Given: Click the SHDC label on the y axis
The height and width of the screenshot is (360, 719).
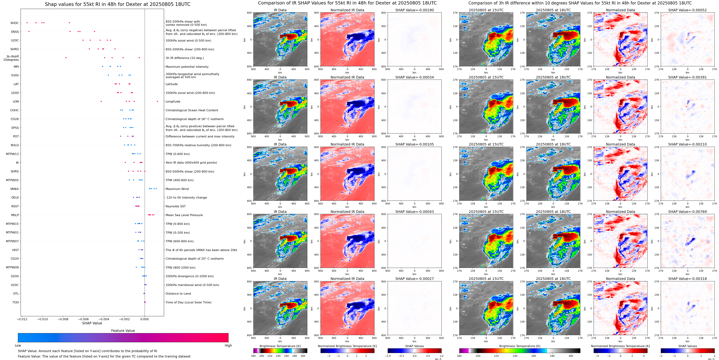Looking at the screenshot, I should point(15,23).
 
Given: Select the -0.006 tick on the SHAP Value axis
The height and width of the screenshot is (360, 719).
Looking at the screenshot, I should point(83,319).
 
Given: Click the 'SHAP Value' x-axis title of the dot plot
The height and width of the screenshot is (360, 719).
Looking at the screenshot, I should point(92,323).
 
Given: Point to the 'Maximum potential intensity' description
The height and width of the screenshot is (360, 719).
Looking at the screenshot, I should point(187,67).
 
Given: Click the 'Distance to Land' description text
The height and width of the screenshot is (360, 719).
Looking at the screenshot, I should point(178,294).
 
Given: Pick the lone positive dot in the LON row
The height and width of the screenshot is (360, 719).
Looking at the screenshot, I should point(157,101).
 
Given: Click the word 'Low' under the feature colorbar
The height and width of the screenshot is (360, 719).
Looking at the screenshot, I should point(18,345).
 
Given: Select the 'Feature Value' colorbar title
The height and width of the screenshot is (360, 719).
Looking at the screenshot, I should point(123,331).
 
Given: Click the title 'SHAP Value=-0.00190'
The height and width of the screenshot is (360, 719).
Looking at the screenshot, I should point(415,10).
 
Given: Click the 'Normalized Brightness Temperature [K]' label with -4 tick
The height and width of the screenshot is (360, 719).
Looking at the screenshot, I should point(620,346).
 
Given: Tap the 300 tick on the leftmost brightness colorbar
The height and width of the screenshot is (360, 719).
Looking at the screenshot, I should point(303,356).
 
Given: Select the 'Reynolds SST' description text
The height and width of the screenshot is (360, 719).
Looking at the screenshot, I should point(175,206).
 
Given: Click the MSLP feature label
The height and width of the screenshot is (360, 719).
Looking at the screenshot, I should point(15,215).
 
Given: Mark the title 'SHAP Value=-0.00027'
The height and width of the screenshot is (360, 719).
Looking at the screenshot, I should point(415,279).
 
